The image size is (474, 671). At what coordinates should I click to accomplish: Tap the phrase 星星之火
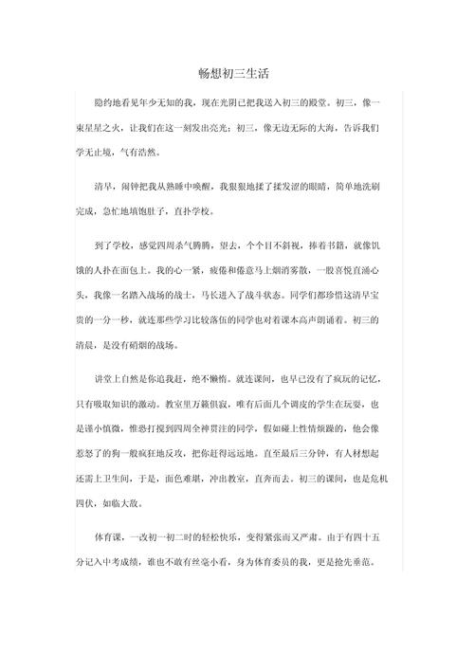[105, 126]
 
